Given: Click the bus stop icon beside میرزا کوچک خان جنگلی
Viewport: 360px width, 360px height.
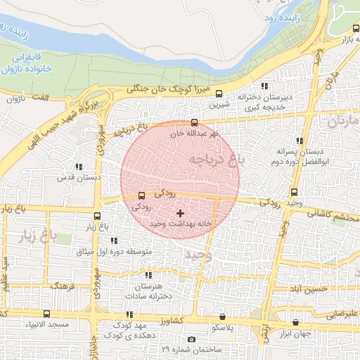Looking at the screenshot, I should pyautogui.click(x=219, y=94).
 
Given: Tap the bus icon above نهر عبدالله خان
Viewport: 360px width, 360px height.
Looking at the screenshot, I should pyautogui.click(x=195, y=122).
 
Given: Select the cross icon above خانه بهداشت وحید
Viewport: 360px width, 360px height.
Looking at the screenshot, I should pyautogui.click(x=181, y=212).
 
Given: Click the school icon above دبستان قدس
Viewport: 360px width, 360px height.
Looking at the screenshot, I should pyautogui.click(x=78, y=167).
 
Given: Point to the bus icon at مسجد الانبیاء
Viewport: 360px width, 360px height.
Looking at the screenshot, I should pyautogui.click(x=46, y=314).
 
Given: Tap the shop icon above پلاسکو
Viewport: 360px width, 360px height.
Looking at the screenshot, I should pyautogui.click(x=223, y=318).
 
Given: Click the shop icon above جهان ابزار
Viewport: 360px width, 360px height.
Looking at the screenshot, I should pyautogui.click(x=295, y=323).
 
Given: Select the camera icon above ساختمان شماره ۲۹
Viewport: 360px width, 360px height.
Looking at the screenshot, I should pyautogui.click(x=191, y=340).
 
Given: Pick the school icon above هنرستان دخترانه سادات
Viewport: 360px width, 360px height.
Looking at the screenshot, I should pyautogui.click(x=148, y=275).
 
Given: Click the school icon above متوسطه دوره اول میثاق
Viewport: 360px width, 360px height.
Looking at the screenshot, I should pyautogui.click(x=114, y=240).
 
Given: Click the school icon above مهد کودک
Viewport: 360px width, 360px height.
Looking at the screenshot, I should pyautogui.click(x=129, y=315).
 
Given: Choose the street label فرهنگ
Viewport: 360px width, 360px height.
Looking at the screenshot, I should pyautogui.click(x=62, y=287).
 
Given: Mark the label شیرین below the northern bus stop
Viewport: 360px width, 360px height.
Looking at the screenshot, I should pyautogui.click(x=218, y=105).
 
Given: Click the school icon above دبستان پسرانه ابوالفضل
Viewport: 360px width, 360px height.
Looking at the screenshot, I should pyautogui.click(x=300, y=141).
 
